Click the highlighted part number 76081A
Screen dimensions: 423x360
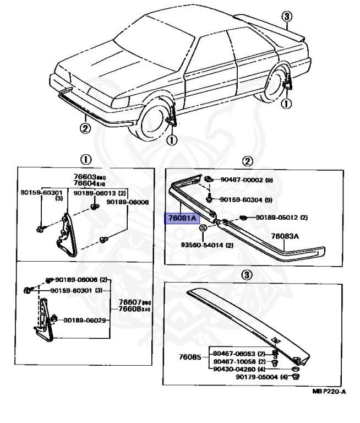tap(182, 218)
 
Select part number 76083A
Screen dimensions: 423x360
tap(285, 236)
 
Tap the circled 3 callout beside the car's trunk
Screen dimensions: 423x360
tap(286, 16)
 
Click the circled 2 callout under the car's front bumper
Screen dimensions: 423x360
tap(85, 129)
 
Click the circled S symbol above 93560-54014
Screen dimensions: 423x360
tap(202, 227)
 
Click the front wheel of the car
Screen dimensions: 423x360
tap(157, 122)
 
